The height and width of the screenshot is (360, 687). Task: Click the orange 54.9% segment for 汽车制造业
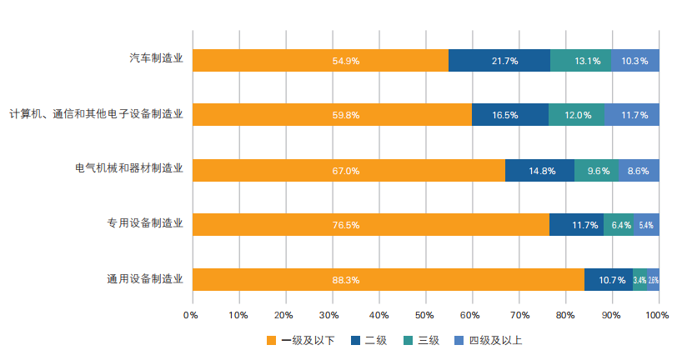[320, 61]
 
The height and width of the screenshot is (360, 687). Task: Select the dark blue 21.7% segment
[499, 61]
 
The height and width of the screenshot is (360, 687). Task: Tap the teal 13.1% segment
[581, 61]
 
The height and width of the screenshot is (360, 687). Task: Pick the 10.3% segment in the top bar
[635, 61]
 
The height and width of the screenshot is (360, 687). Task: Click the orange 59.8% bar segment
[332, 115]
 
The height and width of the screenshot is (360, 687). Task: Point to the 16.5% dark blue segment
[510, 115]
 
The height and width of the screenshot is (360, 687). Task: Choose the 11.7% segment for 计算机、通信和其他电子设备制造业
[631, 115]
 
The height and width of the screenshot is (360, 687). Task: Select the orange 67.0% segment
[349, 170]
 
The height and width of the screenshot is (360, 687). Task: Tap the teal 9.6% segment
[597, 170]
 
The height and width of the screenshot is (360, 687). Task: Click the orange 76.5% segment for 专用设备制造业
[371, 225]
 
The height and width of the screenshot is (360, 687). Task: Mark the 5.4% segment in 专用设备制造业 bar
[646, 225]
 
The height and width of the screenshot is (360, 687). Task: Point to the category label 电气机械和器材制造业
[128, 170]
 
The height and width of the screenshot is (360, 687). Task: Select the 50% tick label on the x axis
[424, 315]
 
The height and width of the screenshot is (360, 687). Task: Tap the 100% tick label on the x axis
[657, 315]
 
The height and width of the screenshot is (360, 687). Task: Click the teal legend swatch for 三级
[408, 340]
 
